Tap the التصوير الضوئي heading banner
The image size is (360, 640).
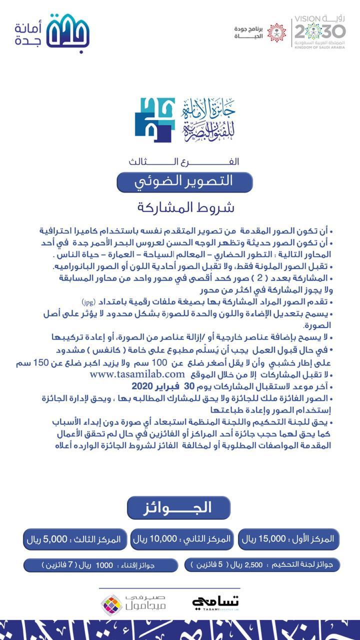coord(184,181)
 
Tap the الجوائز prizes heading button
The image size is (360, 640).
coord(178,507)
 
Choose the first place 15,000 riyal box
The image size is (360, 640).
coord(288,539)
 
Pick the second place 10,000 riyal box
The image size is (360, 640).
coord(181,539)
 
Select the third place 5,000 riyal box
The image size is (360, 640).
coord(72,539)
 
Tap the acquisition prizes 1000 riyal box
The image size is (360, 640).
coord(100,565)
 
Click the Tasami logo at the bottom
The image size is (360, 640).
coord(216,602)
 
